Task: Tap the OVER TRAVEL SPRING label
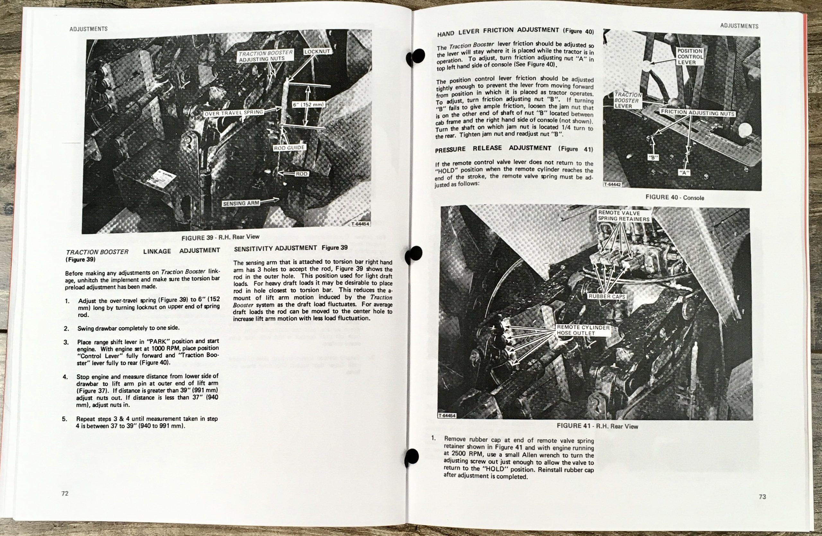click(234, 112)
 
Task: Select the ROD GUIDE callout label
click(289, 147)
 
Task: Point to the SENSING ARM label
click(241, 203)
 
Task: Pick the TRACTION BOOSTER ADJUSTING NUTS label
click(266, 56)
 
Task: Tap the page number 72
click(65, 494)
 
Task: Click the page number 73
click(763, 496)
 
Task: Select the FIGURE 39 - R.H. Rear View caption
click(220, 237)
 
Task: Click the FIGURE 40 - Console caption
click(675, 197)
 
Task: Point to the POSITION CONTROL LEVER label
click(690, 56)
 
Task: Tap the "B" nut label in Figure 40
click(652, 157)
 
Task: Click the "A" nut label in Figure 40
click(684, 173)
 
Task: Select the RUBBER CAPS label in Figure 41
click(607, 297)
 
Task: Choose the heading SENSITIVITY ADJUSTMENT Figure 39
click(291, 248)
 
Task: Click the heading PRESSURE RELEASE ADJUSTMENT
click(513, 148)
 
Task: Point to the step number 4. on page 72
click(65, 377)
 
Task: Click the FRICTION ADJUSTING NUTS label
click(697, 113)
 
